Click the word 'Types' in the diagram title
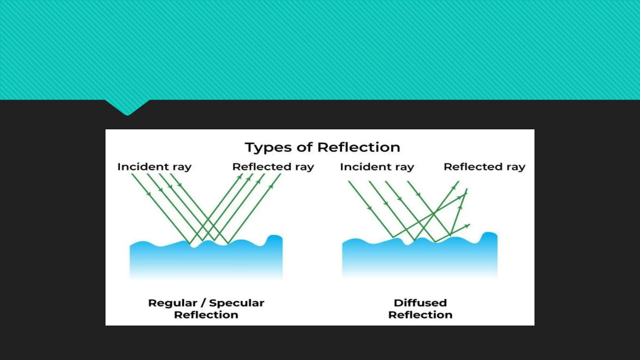pyautogui.click(x=268, y=147)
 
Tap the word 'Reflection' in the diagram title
pyautogui.click(x=358, y=147)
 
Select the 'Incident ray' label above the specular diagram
pyautogui.click(x=154, y=167)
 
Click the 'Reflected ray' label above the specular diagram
pyautogui.click(x=273, y=167)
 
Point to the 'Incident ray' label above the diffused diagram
pyautogui.click(x=377, y=167)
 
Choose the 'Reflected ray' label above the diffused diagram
pyautogui.click(x=484, y=167)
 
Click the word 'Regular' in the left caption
pyautogui.click(x=172, y=303)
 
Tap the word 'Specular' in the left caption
pyautogui.click(x=237, y=303)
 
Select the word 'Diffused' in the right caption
pyautogui.click(x=420, y=303)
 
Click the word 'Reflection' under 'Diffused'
pyautogui.click(x=420, y=315)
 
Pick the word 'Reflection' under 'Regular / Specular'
pyautogui.click(x=206, y=315)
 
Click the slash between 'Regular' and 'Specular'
pyautogui.click(x=203, y=303)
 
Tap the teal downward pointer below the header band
pyautogui.click(x=127, y=108)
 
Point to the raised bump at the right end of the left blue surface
pyautogui.click(x=274, y=239)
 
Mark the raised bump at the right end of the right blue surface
pyautogui.click(x=489, y=237)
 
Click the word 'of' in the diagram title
pyautogui.click(x=304, y=147)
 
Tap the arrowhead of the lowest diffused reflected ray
pyautogui.click(x=468, y=225)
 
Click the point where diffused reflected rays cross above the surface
pyautogui.click(x=434, y=214)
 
